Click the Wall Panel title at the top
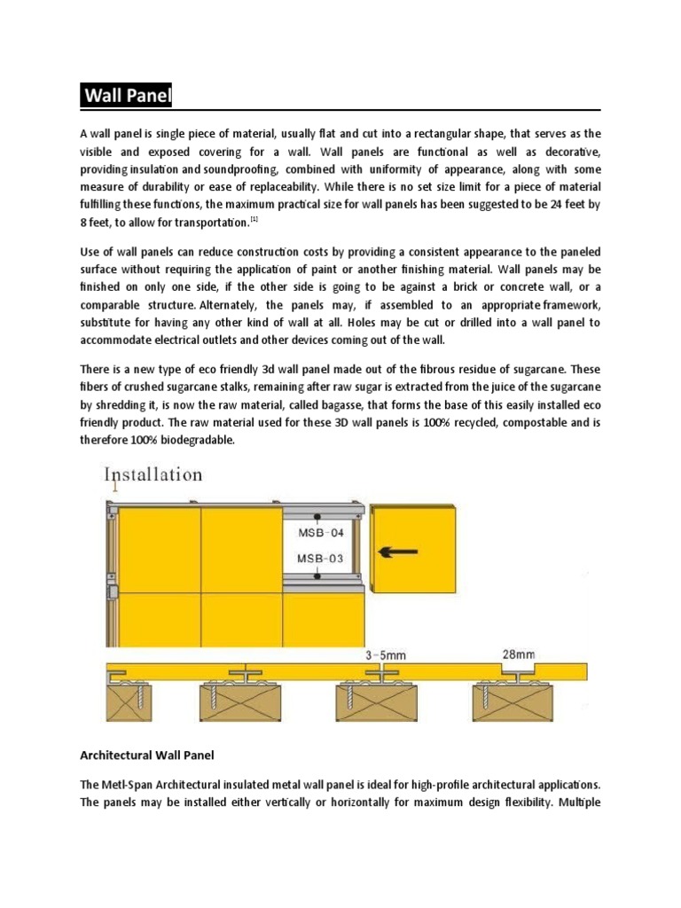point(127,96)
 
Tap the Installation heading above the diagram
point(153,474)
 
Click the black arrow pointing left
point(399,552)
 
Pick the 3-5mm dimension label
point(387,654)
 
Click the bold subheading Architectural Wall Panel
point(148,755)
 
